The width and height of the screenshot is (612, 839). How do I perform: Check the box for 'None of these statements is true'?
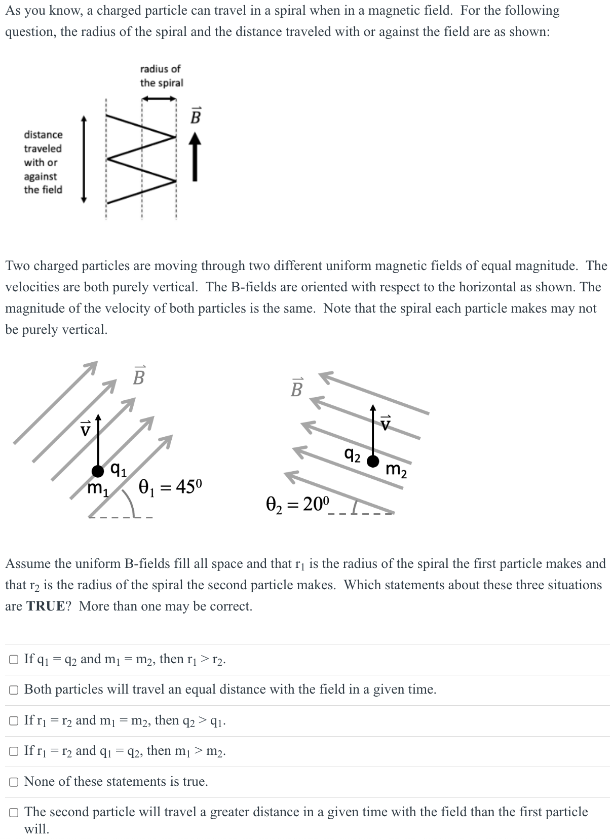pos(14,782)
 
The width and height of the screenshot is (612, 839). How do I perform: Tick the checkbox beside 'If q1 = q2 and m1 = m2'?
pos(14,659)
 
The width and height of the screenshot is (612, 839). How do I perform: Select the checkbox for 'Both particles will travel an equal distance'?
pos(14,690)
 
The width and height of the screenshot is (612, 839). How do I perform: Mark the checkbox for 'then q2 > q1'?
pos(14,720)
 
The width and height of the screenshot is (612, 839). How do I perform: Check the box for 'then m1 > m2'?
pos(14,751)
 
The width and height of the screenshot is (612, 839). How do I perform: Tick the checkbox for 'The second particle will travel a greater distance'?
pos(14,813)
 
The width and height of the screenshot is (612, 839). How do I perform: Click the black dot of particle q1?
pos(98,471)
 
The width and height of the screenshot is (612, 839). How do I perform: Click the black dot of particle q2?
pos(373,461)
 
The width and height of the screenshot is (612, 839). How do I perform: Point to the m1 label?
pos(97,489)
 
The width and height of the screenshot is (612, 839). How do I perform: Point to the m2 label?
pos(396,470)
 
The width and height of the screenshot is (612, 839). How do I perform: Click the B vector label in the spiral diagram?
pos(196,116)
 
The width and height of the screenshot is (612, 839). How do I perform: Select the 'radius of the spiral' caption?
pos(161,75)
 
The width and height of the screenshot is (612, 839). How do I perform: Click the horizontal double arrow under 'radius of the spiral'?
pos(159,99)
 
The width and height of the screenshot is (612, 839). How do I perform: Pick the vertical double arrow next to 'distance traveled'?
pos(85,159)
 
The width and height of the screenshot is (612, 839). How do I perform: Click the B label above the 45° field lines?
pos(138,375)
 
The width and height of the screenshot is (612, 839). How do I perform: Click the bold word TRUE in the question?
pos(46,606)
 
